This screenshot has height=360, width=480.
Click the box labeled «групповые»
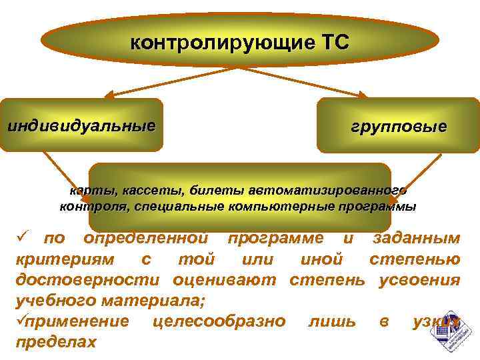coord(399,126)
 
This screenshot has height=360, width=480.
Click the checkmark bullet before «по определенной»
coord(21,238)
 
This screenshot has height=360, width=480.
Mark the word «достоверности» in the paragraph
coord(86,280)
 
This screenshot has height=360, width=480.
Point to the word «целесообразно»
coord(219,321)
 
